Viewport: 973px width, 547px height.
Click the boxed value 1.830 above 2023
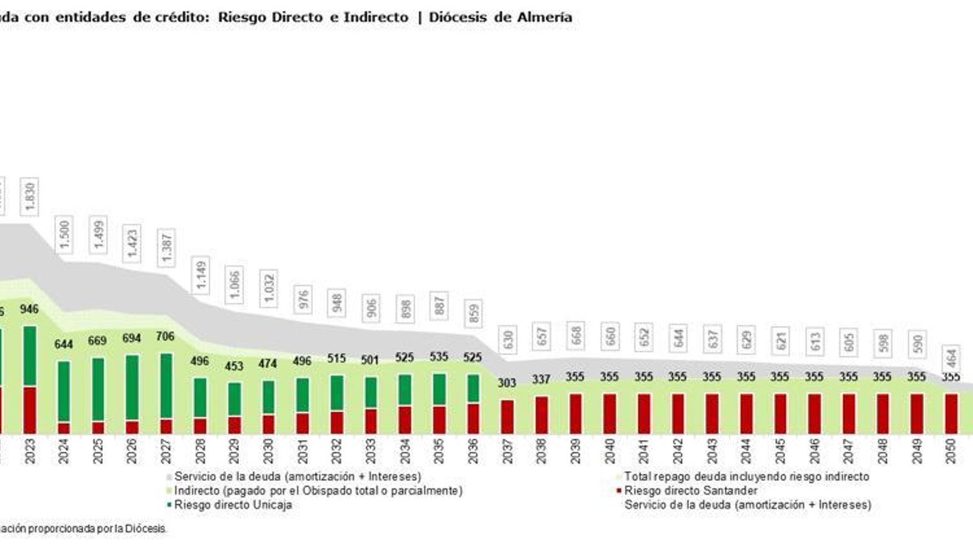[30, 196]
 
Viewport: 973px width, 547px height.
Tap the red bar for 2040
[609, 413]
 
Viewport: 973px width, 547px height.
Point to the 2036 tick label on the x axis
[473, 452]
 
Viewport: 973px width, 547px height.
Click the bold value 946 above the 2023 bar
[29, 309]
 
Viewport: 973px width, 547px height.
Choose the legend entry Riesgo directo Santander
[690, 490]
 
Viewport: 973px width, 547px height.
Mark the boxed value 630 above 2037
[508, 339]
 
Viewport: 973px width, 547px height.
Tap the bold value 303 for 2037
[507, 382]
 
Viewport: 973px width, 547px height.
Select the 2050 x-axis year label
[950, 452]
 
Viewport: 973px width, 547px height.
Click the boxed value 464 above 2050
[951, 359]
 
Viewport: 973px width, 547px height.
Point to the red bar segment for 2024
[63, 428]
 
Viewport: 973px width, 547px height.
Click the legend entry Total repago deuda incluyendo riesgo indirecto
[746, 476]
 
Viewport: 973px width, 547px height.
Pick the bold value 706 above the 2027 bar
[165, 336]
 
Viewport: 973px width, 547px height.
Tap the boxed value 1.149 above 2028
[201, 275]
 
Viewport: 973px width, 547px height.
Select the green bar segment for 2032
[337, 393]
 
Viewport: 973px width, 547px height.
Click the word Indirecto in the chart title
[376, 17]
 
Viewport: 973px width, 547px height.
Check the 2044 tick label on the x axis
[746, 452]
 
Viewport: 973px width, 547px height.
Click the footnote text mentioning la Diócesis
[85, 529]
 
